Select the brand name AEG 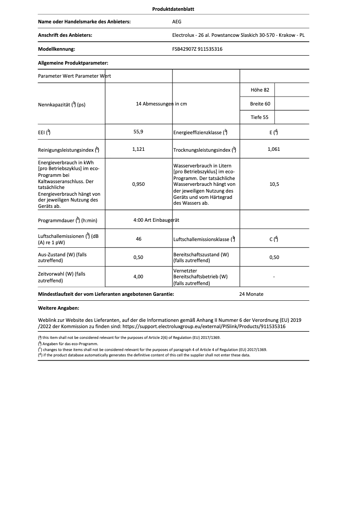[x=177, y=22]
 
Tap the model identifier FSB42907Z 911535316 [x=197, y=49]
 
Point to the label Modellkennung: [x=57, y=49]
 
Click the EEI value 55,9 [x=139, y=132]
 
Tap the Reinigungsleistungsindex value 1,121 [x=139, y=149]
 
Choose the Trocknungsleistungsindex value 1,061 [x=273, y=149]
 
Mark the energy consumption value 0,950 [x=139, y=184]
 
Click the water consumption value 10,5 [x=273, y=184]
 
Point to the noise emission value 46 [x=139, y=239]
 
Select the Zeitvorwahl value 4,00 [x=139, y=276]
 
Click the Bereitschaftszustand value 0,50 [x=273, y=257]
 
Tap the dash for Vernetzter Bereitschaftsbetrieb [x=273, y=277]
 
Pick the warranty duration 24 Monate [x=251, y=294]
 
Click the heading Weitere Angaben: [x=59, y=308]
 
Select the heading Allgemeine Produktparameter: [x=73, y=63]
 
